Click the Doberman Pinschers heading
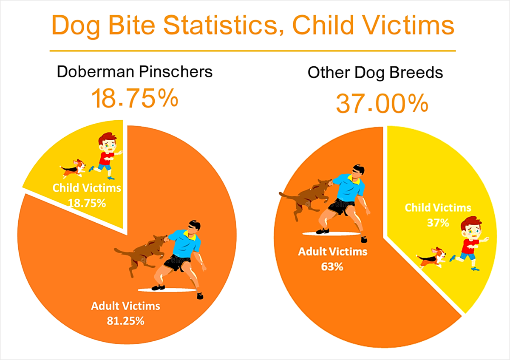coord(135,72)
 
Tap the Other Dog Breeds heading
coord(375,73)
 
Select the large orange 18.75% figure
coord(135,98)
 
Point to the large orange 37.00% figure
coord(382,104)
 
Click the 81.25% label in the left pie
coord(125,321)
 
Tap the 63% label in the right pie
coord(332,266)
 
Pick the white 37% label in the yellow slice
coord(438,223)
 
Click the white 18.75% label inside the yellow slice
coord(87,203)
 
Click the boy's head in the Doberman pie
coord(108,141)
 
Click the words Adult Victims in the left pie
coord(125,306)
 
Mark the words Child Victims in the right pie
coord(438,208)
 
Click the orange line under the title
coord(253,51)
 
